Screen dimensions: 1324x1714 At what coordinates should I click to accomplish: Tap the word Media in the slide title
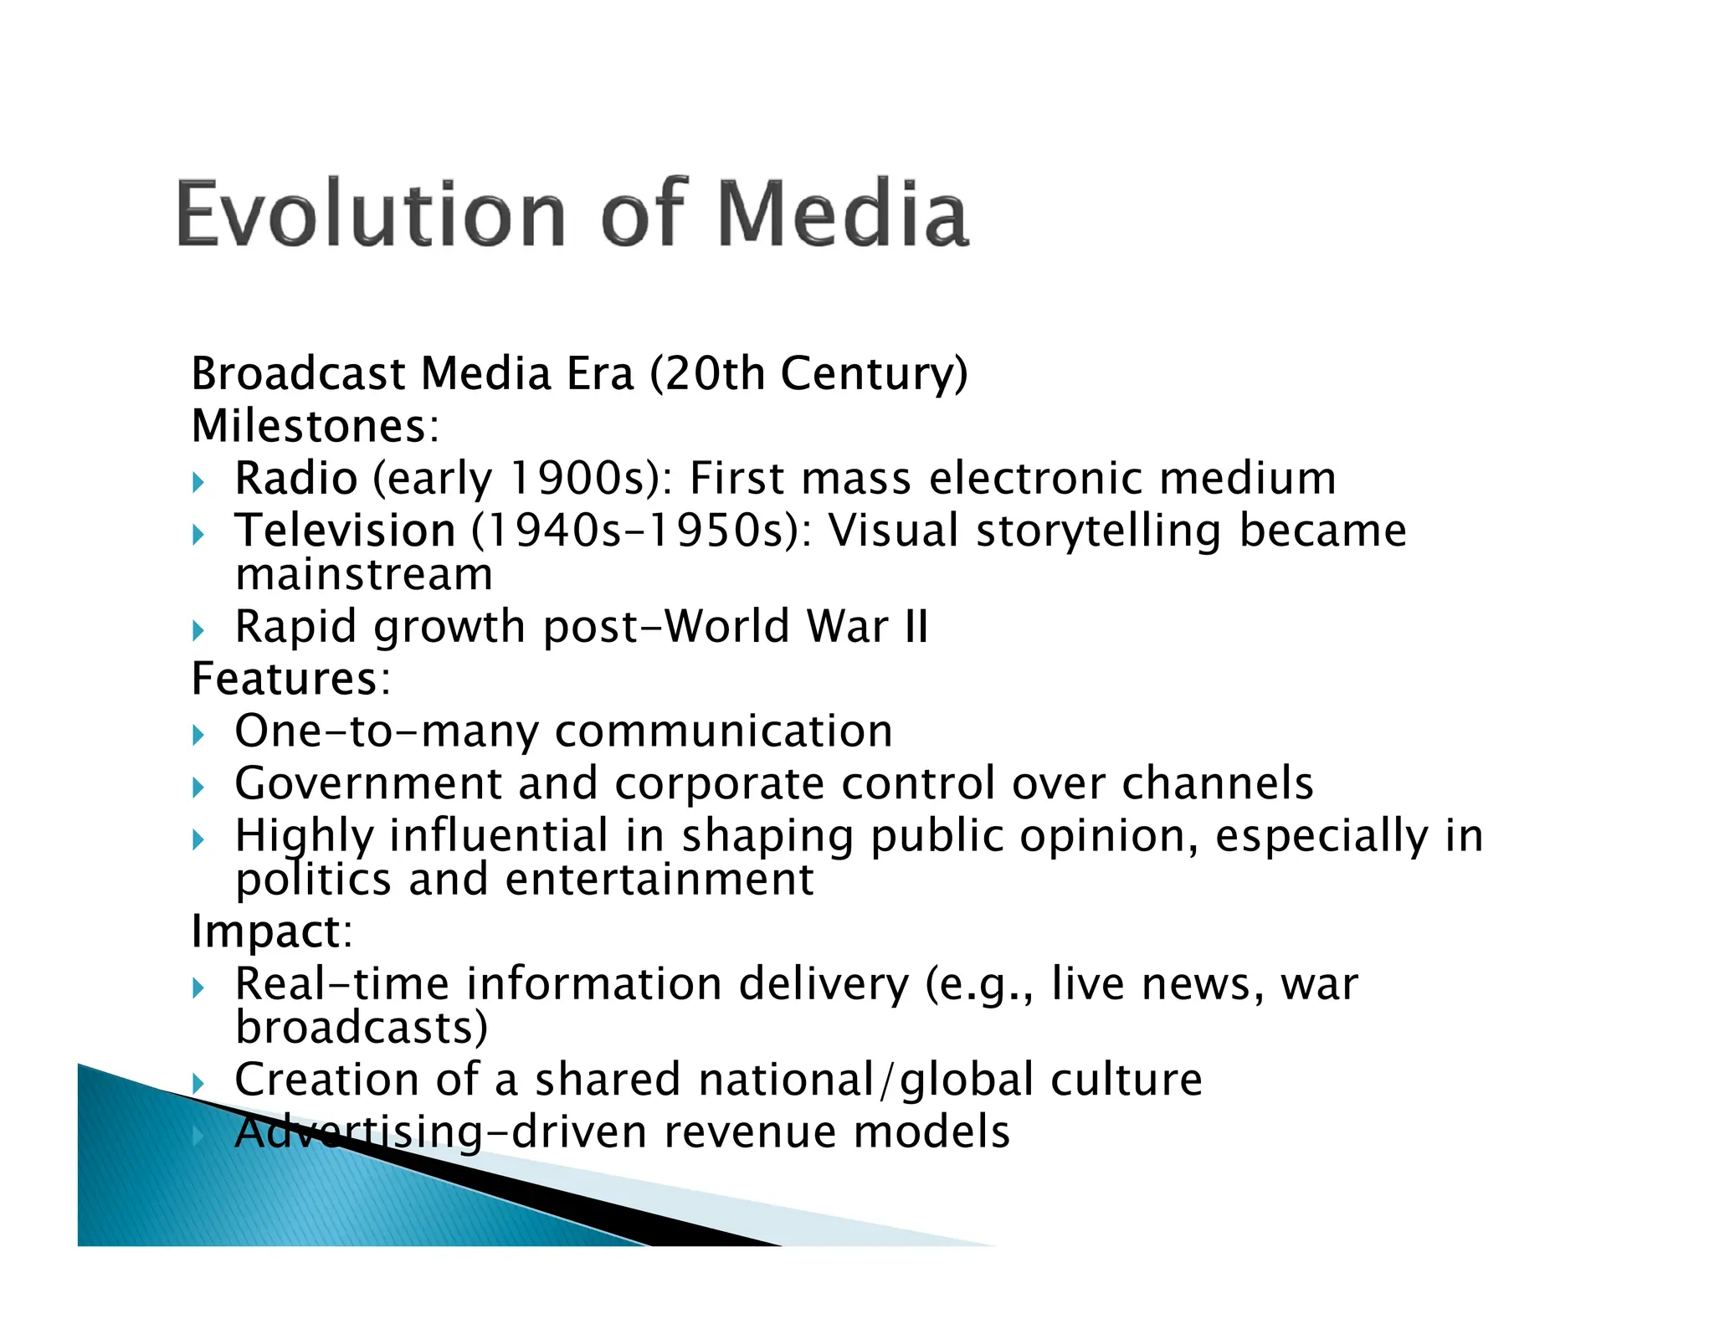[x=843, y=213]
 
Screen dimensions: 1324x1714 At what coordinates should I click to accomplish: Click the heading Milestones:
[x=315, y=426]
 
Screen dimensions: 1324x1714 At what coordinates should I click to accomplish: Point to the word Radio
[x=296, y=479]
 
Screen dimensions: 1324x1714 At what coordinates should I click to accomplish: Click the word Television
[x=345, y=531]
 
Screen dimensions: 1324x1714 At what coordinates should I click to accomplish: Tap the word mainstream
[x=364, y=574]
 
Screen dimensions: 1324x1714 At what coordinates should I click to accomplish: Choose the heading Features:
[x=290, y=678]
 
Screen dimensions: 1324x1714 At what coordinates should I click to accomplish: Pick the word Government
[x=367, y=783]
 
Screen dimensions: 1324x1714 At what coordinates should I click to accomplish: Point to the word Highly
[x=304, y=836]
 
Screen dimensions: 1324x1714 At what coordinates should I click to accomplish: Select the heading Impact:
[x=271, y=931]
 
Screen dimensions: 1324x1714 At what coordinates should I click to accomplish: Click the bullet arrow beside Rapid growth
[x=198, y=629]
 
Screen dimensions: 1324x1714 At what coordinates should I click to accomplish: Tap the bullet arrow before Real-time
[x=198, y=988]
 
